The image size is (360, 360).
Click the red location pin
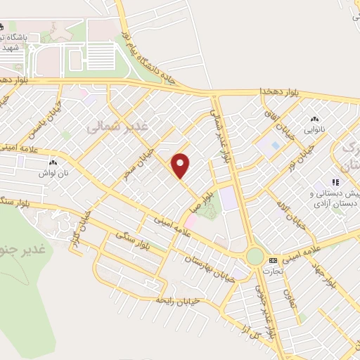181,165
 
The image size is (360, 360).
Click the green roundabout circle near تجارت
255,257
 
